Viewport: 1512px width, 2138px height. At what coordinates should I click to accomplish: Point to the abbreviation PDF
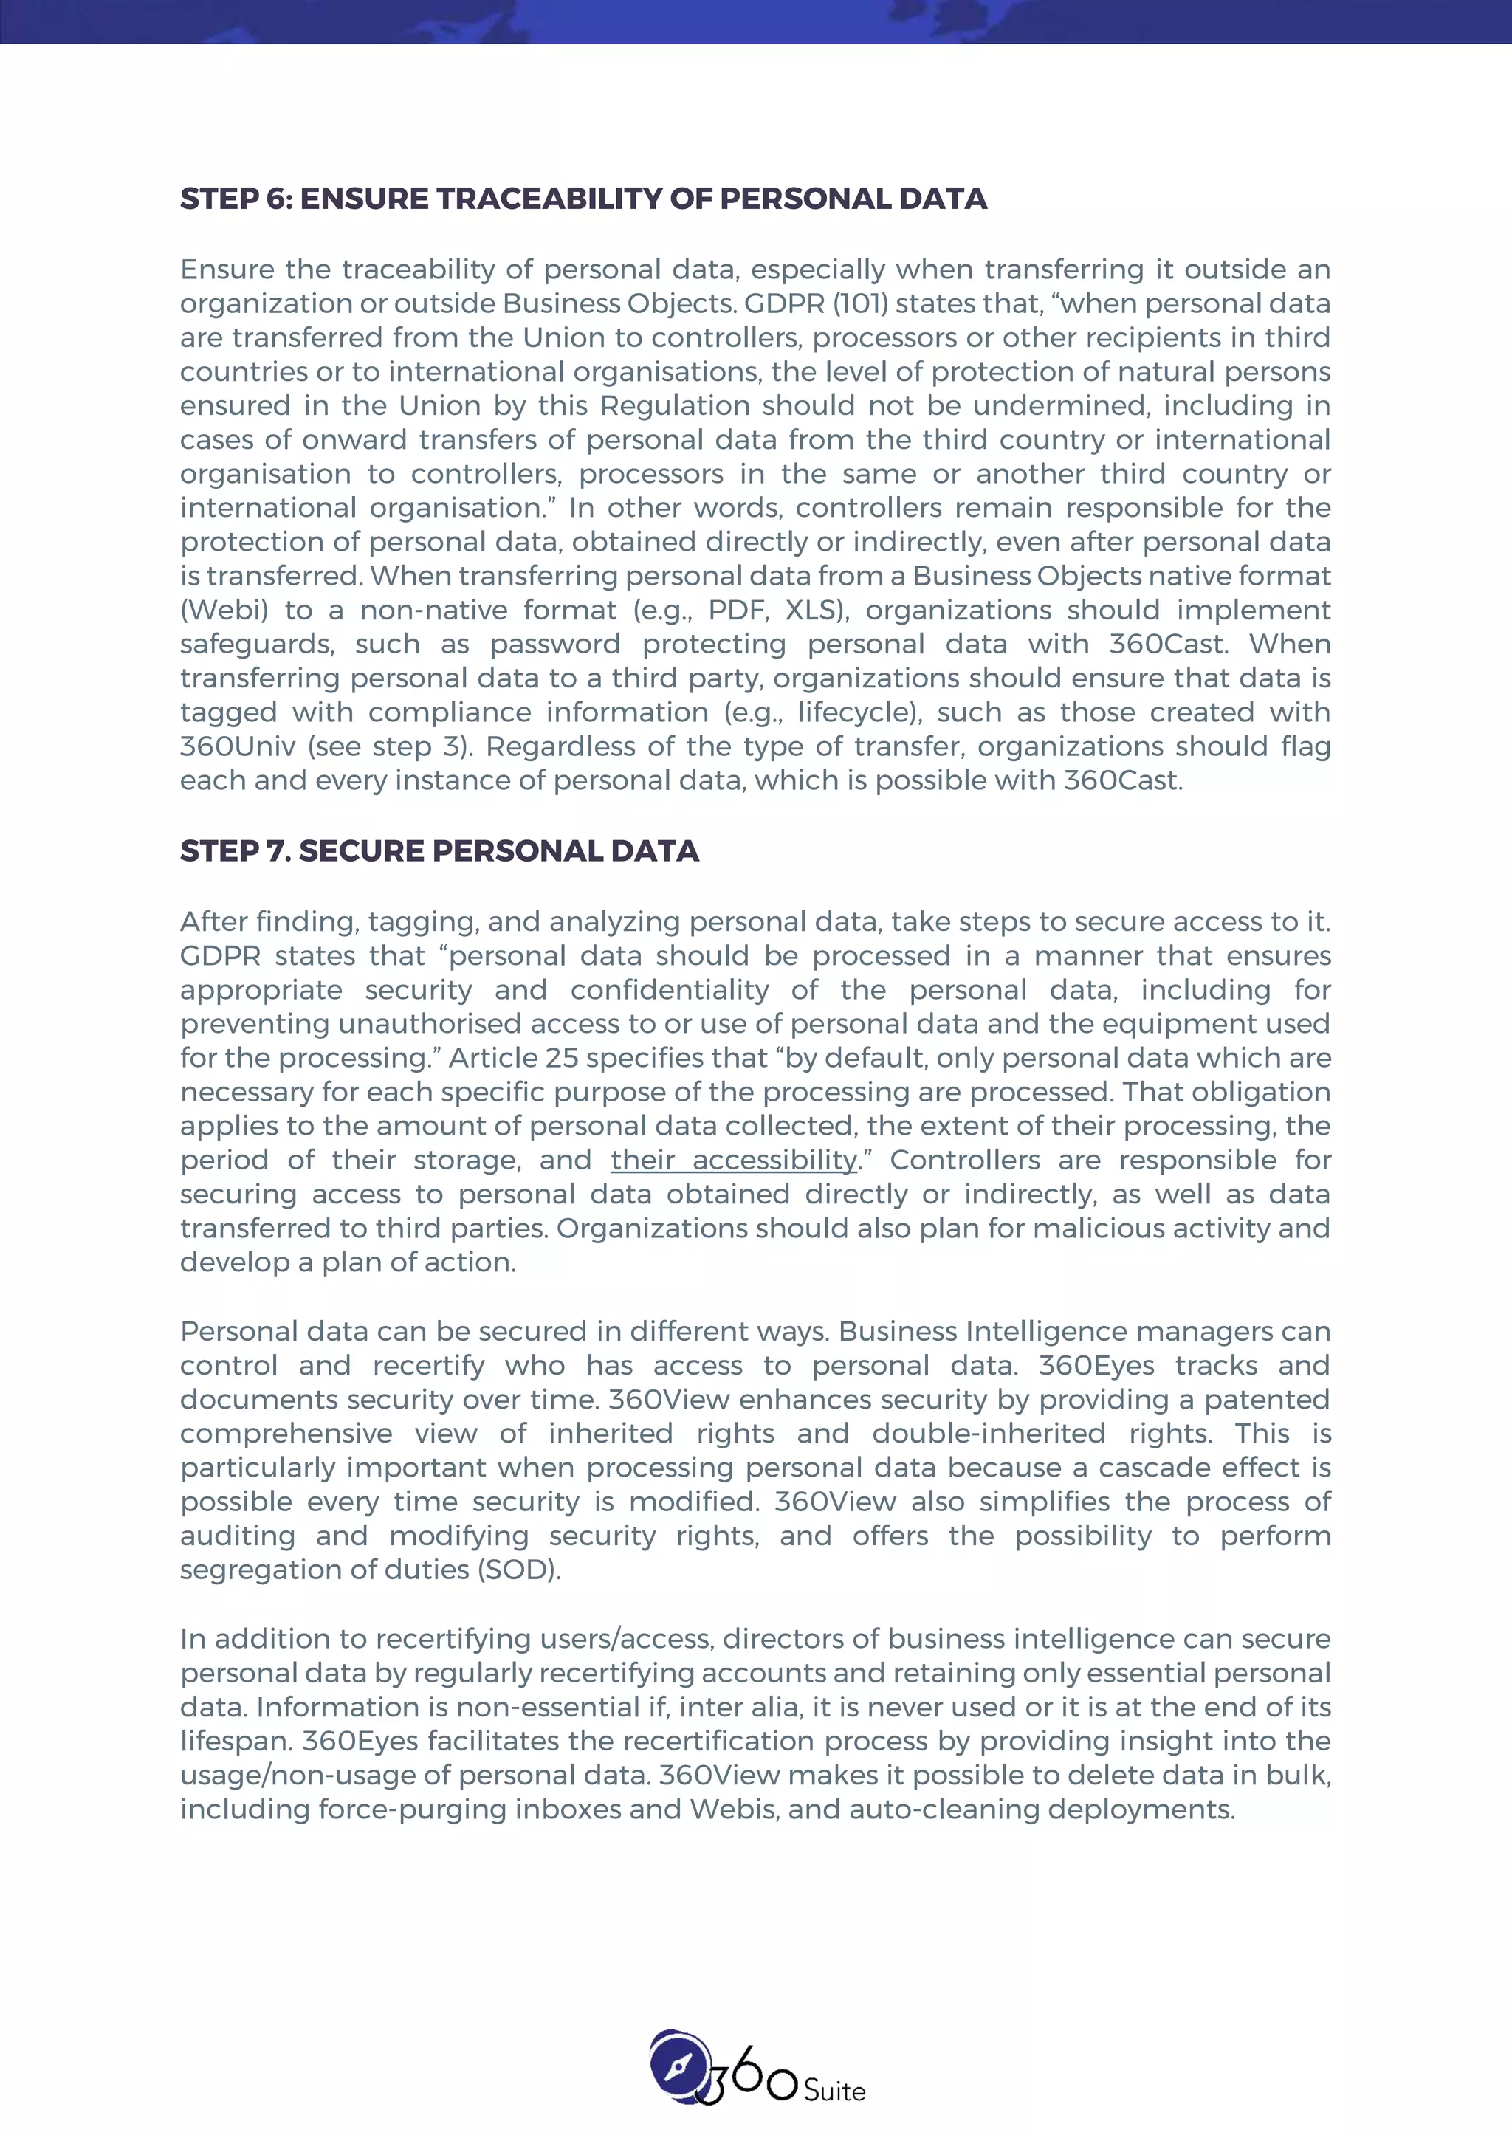point(735,611)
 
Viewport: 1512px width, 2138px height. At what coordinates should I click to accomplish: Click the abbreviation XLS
point(814,611)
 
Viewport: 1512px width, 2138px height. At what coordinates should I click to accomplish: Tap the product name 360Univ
point(238,747)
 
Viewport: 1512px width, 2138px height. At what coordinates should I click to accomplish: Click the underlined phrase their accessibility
point(734,1161)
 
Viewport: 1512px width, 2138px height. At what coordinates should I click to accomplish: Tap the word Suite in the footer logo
point(834,2091)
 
